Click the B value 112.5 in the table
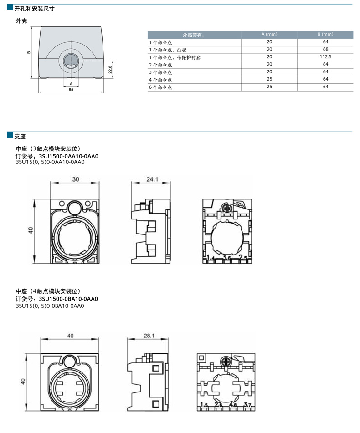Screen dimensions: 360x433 coord(325,56)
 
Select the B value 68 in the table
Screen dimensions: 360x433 coord(325,49)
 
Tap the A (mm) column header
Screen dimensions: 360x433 coord(269,34)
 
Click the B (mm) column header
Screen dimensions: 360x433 coord(325,34)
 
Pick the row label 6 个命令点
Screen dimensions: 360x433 coord(160,87)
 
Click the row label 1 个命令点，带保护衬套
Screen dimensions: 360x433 coord(175,57)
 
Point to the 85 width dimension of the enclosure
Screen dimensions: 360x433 coord(71,90)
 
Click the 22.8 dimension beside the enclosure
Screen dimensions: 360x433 coord(110,70)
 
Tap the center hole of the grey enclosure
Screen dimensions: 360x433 coord(71,61)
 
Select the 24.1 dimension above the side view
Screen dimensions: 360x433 coord(152,179)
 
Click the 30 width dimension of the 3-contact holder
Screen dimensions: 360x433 coord(76,179)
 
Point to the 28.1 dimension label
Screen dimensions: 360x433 coord(149,336)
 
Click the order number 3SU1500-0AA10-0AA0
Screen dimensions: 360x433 coord(68,156)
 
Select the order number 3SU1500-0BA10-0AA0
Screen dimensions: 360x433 coord(68,299)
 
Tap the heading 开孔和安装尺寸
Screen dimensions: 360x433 coord(35,9)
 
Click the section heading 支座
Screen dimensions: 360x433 coord(20,137)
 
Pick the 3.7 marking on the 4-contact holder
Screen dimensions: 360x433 coord(247,405)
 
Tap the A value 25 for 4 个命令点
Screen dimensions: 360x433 coord(269,79)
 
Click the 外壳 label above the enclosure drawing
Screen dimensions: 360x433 coord(21,20)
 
